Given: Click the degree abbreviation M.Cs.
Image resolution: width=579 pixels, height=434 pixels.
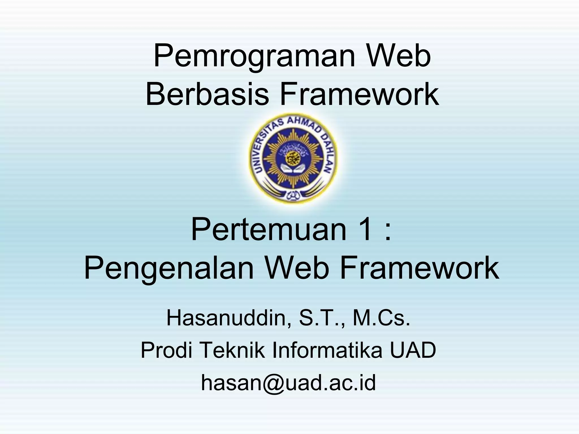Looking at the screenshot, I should [x=381, y=318].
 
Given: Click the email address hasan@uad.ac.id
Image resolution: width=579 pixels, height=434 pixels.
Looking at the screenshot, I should [x=288, y=383].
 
